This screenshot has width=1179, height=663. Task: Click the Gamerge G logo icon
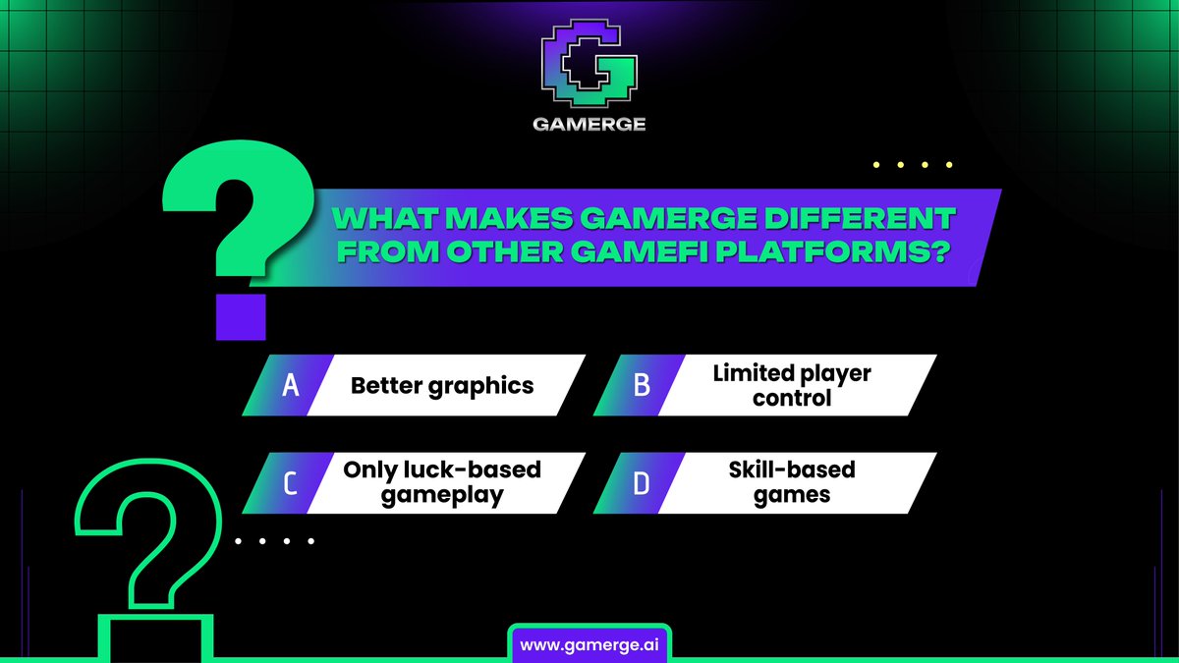pos(589,68)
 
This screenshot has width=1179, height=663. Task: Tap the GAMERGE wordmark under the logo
pos(589,125)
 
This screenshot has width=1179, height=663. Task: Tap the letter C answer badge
pos(290,483)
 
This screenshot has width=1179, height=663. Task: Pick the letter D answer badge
pos(642,483)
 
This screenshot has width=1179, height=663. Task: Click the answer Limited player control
pos(792,386)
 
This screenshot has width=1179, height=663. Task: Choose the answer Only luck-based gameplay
pos(442,482)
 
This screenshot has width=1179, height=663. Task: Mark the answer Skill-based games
pos(792,482)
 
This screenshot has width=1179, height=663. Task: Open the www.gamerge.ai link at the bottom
pos(589,644)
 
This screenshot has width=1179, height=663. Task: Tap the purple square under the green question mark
pos(241,316)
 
